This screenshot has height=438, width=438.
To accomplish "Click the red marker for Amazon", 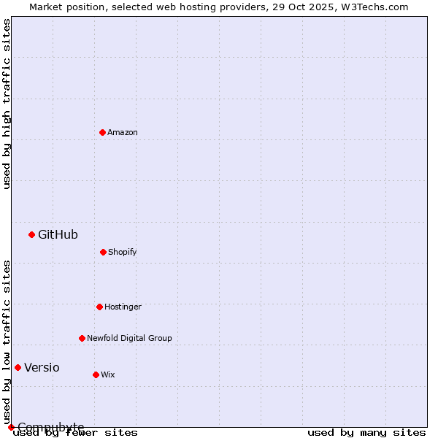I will coord(102,132).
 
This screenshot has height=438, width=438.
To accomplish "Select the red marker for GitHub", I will coord(31,234).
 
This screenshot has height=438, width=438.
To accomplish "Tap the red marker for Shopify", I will coord(103,252).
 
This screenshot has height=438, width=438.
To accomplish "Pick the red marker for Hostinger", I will coord(99,307).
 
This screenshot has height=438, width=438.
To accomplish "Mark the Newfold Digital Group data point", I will coord(82,338).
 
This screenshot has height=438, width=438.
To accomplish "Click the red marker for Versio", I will coord(18,367).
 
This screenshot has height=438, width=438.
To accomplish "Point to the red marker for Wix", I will coord(96,374).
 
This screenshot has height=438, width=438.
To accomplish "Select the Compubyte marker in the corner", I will coord(11,427).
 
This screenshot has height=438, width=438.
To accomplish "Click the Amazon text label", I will coord(123,132).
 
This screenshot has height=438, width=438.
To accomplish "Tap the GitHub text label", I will coord(58,234).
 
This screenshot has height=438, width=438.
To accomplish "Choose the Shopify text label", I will coord(123,252).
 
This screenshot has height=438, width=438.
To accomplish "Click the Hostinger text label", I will coord(123,307).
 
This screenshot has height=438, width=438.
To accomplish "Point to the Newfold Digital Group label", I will coord(129,338).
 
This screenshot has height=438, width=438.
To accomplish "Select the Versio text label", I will coord(42,367).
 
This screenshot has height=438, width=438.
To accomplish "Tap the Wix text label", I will coord(108,374).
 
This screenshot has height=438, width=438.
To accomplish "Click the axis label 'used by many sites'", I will coord(366,432).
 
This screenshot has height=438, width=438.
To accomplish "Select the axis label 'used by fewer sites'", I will coord(75,432).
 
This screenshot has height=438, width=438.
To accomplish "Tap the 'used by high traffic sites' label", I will coord(7,104).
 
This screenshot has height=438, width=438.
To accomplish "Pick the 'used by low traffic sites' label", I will coord(7,342).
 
